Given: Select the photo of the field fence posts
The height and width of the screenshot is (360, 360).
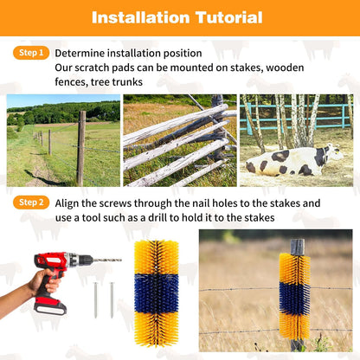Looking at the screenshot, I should (63, 140).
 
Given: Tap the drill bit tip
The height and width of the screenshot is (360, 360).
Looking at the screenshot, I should (119, 259).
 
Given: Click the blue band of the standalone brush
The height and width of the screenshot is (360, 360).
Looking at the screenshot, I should (157, 294).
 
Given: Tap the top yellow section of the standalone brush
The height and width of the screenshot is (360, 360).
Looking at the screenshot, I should (157, 258).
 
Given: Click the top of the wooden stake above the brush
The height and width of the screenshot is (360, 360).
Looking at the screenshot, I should (298, 247).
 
